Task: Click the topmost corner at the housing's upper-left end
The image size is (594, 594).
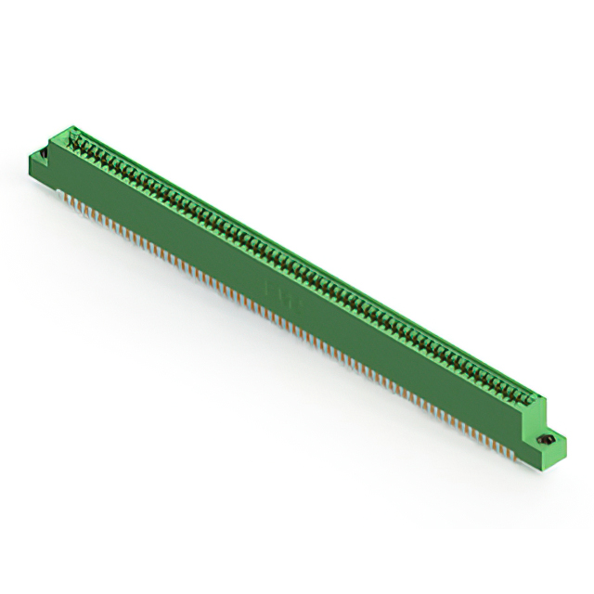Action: [67, 129]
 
